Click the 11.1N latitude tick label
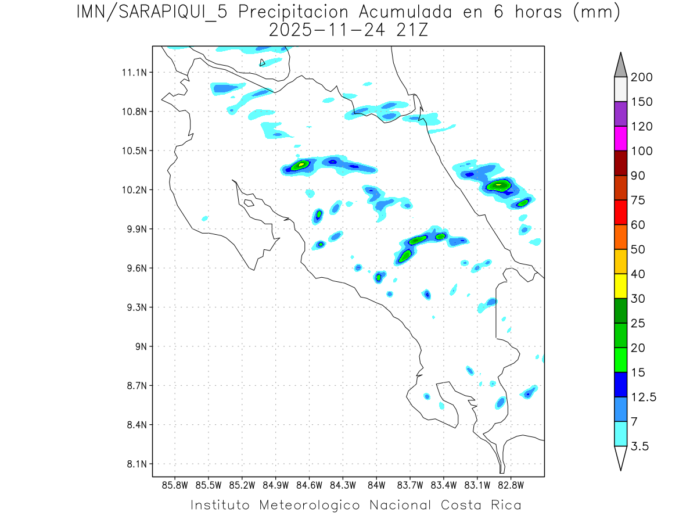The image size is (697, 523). click(x=134, y=73)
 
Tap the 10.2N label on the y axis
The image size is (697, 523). click(x=134, y=190)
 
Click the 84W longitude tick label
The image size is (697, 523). click(x=376, y=485)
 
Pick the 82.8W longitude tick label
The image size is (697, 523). click(x=511, y=485)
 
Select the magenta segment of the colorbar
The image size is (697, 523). click(x=621, y=139)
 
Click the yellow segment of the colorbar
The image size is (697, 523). click(x=621, y=286)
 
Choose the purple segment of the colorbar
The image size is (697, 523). click(x=621, y=114)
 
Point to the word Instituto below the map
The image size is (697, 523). click(x=220, y=505)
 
